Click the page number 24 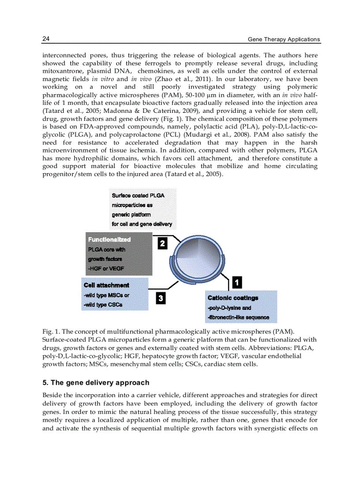[46, 39]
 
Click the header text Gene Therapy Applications [284, 39]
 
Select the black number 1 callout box [236, 281]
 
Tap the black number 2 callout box [162, 243]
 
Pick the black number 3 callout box [161, 298]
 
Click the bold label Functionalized [109, 239]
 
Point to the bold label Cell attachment [106, 285]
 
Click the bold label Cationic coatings [233, 298]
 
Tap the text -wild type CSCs [103, 305]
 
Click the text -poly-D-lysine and [229, 308]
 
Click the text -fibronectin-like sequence [239, 317]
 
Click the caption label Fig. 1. [49, 331]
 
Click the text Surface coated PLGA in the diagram [138, 195]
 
